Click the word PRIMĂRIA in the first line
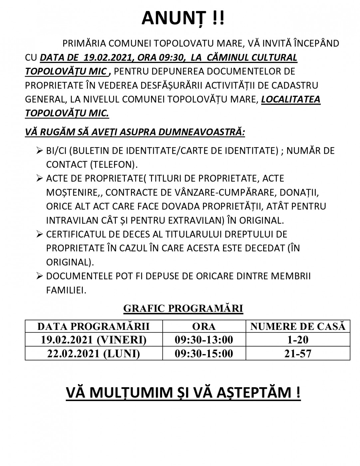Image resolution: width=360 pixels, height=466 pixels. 84,44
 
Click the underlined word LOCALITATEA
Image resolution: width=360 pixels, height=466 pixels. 290,100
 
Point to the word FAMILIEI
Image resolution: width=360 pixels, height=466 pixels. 66,290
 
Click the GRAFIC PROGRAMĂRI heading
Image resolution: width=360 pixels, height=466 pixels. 183,309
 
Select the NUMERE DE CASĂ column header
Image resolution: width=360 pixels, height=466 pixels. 298,327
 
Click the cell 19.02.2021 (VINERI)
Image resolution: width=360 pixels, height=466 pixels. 93,340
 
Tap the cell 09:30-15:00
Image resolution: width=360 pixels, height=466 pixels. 204,353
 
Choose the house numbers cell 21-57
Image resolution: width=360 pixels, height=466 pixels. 298,353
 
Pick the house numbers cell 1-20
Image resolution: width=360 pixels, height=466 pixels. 298,340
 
